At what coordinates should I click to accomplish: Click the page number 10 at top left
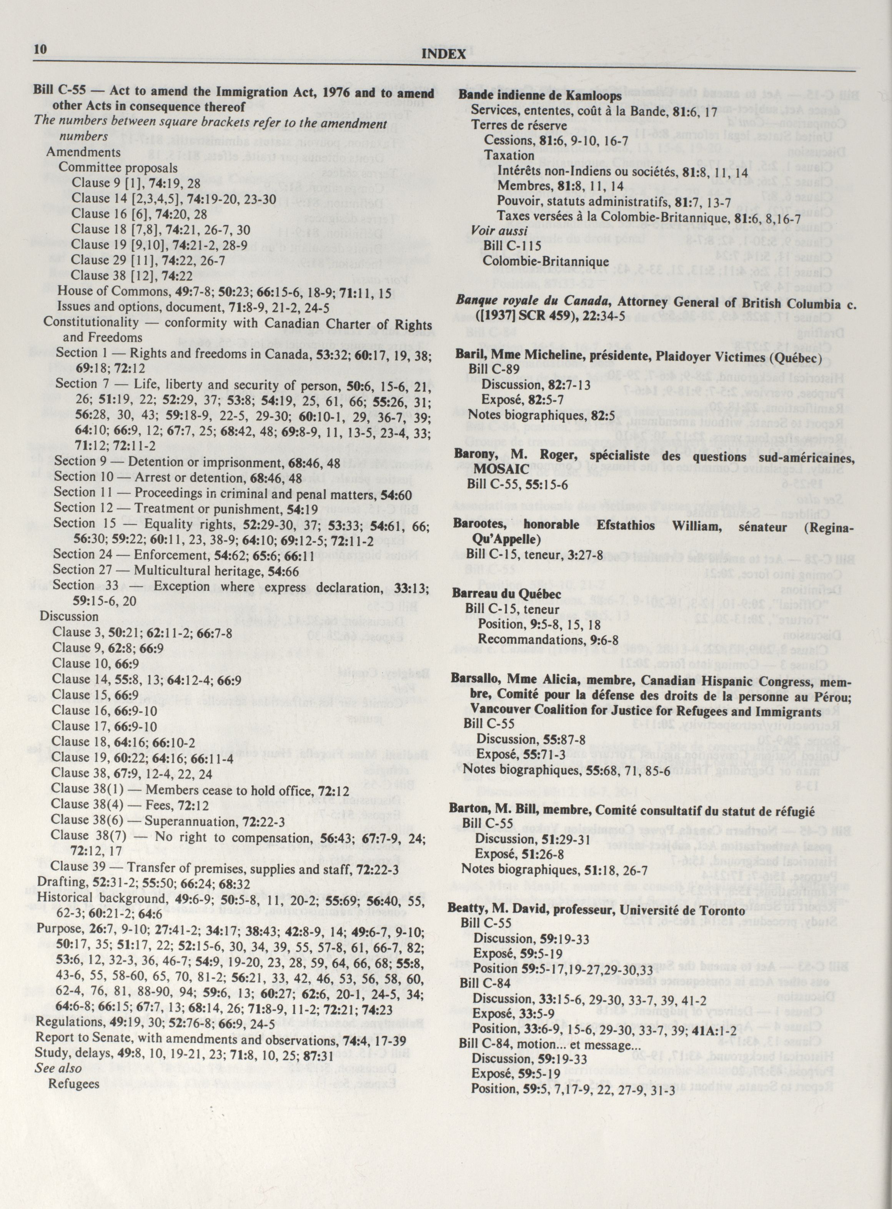pyautogui.click(x=40, y=50)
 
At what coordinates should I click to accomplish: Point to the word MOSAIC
pyautogui.click(x=498, y=469)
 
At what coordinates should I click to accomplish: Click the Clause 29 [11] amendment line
pyautogui.click(x=159, y=260)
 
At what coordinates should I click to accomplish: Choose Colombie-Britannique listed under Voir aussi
pyautogui.click(x=545, y=261)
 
